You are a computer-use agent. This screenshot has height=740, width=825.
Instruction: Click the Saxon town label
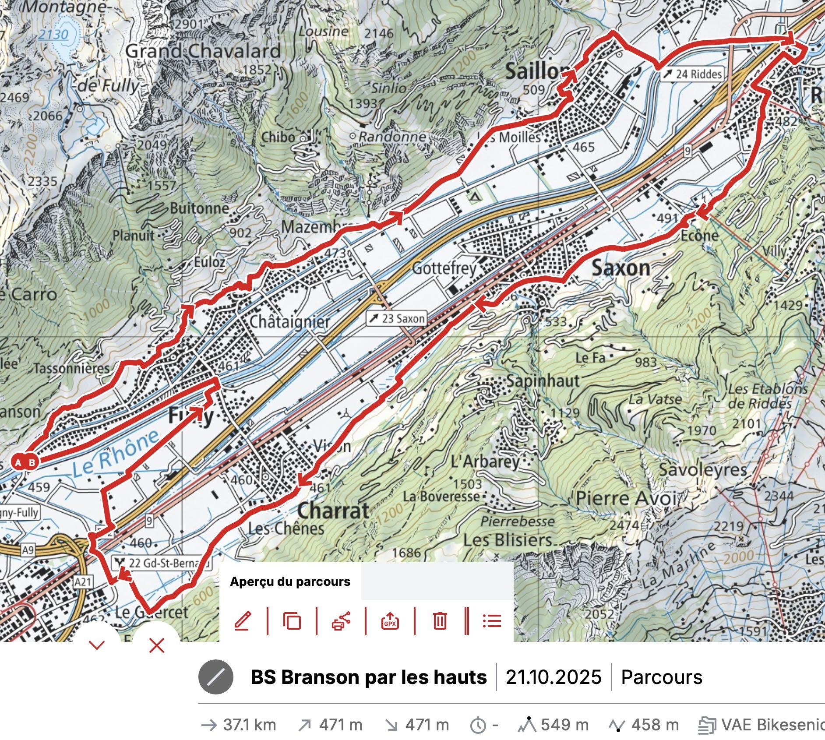click(621, 268)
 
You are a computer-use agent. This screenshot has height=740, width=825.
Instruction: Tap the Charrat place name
click(333, 511)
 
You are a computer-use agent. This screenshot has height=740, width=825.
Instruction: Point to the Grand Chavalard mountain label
click(203, 51)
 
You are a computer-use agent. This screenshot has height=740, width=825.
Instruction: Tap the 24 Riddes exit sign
click(691, 74)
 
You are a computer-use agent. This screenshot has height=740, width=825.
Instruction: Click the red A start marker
click(18, 462)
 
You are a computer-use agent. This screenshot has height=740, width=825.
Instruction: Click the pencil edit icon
click(243, 621)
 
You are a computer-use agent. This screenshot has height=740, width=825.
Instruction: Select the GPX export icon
click(390, 621)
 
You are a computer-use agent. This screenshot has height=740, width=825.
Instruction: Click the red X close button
click(156, 645)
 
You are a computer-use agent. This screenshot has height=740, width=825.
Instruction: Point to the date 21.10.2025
click(554, 677)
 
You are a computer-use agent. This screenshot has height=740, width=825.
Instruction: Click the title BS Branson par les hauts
click(368, 677)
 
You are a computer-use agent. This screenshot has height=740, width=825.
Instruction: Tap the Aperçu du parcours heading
click(290, 581)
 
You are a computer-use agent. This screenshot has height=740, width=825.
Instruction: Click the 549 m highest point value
click(564, 725)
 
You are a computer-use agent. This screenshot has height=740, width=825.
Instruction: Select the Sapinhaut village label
click(543, 381)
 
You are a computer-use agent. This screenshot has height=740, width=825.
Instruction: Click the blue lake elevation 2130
click(53, 34)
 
